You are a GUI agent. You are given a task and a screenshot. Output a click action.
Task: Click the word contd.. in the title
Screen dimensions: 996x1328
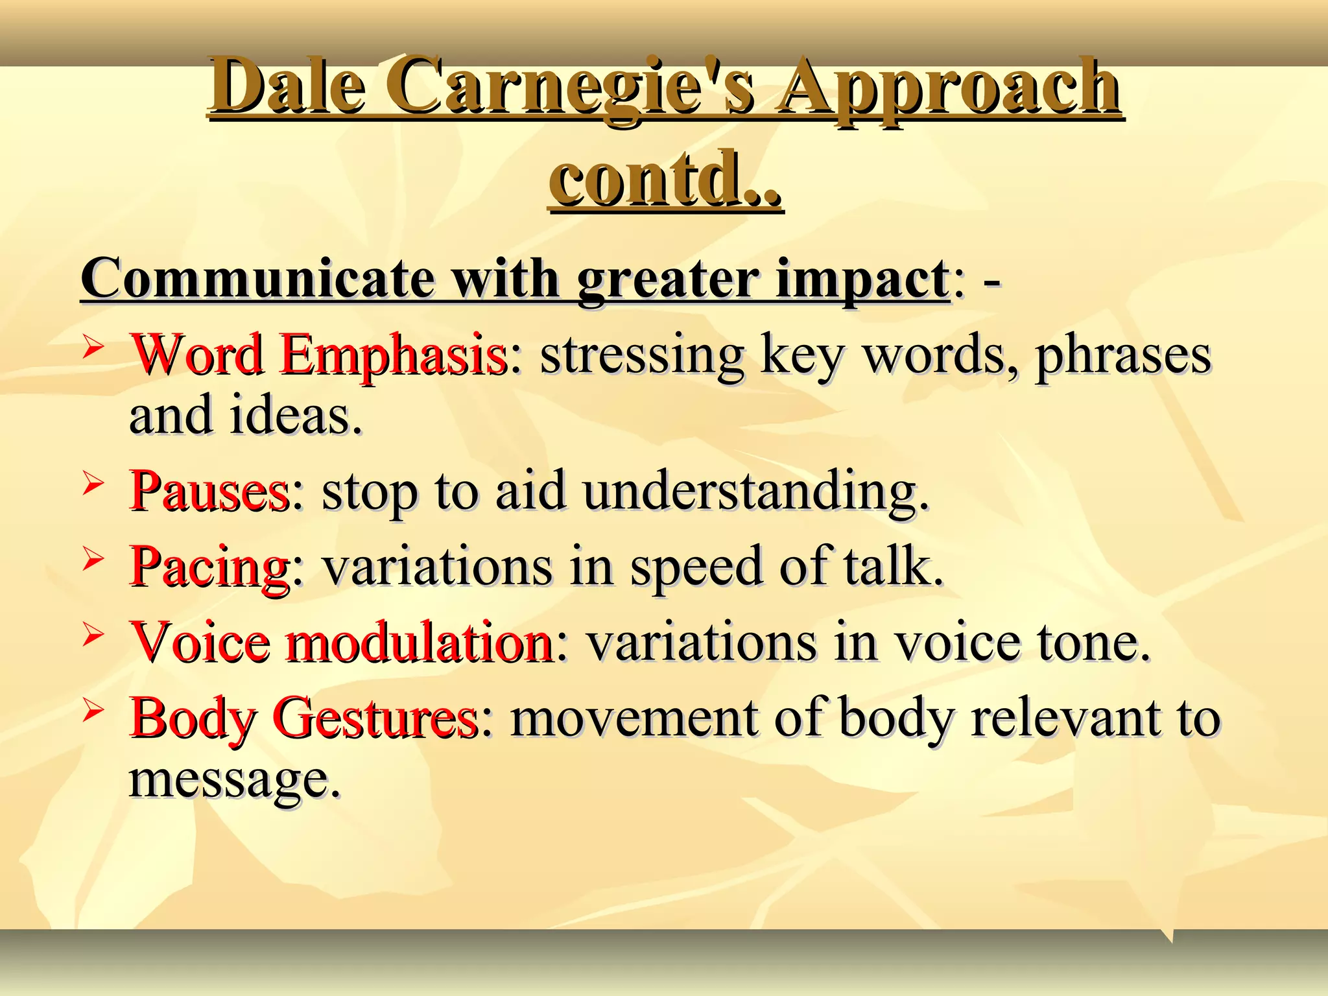[665, 178]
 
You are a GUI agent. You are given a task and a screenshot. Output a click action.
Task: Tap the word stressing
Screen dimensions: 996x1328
[642, 355]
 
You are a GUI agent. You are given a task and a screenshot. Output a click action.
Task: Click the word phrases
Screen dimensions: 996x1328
[1122, 355]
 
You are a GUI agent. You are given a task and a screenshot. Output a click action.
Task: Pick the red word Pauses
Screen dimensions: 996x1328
[209, 491]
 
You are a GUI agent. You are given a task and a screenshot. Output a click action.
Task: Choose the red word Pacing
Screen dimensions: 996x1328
[209, 566]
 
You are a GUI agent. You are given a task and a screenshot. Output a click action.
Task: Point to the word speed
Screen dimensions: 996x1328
[696, 566]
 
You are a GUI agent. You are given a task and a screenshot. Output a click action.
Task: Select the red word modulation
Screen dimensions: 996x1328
[419, 642]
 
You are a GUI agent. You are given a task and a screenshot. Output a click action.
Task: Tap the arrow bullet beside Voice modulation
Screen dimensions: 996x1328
[93, 635]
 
